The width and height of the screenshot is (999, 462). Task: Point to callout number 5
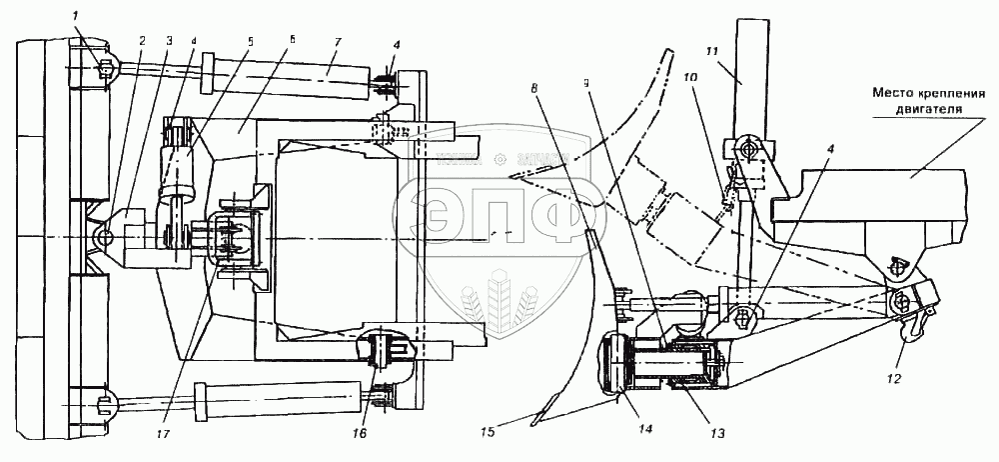coord(250,41)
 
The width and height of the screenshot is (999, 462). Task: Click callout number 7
coord(338,42)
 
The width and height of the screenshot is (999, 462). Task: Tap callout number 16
coord(360,433)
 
